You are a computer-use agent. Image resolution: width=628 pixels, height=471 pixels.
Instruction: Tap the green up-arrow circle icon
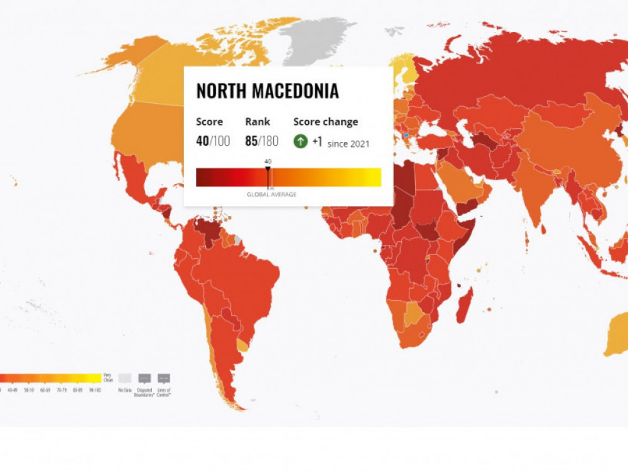(301, 141)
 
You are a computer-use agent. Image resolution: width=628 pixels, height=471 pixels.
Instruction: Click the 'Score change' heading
(325, 122)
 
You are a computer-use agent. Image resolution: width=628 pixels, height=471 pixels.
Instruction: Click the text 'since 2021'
(349, 144)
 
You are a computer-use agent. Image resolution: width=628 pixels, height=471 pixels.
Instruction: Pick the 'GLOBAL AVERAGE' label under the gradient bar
(271, 195)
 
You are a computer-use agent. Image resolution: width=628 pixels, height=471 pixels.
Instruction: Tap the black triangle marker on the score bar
(268, 168)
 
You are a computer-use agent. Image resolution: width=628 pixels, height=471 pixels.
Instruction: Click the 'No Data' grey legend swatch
(125, 379)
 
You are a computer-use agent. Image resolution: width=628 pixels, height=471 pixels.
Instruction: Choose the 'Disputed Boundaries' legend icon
(144, 379)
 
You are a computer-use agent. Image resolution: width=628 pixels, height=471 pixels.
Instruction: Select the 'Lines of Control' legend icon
(163, 379)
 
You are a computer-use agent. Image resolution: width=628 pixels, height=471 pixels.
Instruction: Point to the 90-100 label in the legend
(95, 390)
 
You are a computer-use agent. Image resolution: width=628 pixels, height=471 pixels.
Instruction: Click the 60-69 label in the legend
(45, 390)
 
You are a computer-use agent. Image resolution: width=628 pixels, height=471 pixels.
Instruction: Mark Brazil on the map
(245, 276)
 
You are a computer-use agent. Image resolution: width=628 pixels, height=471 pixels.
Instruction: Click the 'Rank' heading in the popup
(257, 122)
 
